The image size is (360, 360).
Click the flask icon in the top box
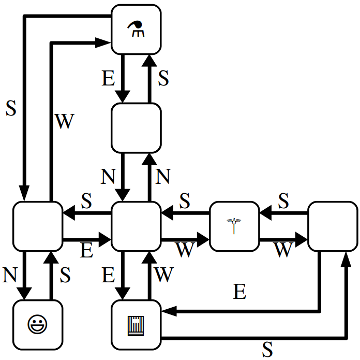coord(136,29)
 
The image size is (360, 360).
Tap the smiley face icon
coord(37,324)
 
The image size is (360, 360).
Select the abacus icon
coord(136,324)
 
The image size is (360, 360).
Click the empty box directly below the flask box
coord(136,127)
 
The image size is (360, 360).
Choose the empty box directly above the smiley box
coord(37,226)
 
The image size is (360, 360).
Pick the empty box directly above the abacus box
coord(136,226)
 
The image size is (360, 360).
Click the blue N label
coord(164,177)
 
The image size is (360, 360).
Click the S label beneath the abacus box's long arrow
coord(267,349)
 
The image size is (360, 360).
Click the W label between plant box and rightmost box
coord(283,251)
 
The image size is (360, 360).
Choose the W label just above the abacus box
coord(164,271)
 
